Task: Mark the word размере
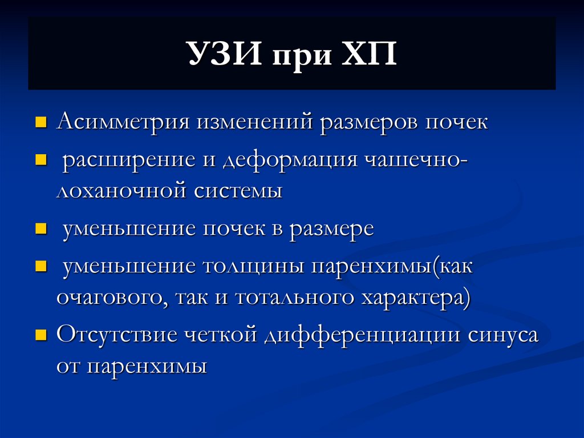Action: (x=332, y=229)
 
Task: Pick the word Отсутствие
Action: (x=117, y=335)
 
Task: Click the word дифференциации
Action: (x=362, y=335)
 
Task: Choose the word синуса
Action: (x=502, y=335)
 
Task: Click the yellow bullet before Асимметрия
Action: (x=40, y=123)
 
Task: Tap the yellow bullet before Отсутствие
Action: (x=40, y=335)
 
